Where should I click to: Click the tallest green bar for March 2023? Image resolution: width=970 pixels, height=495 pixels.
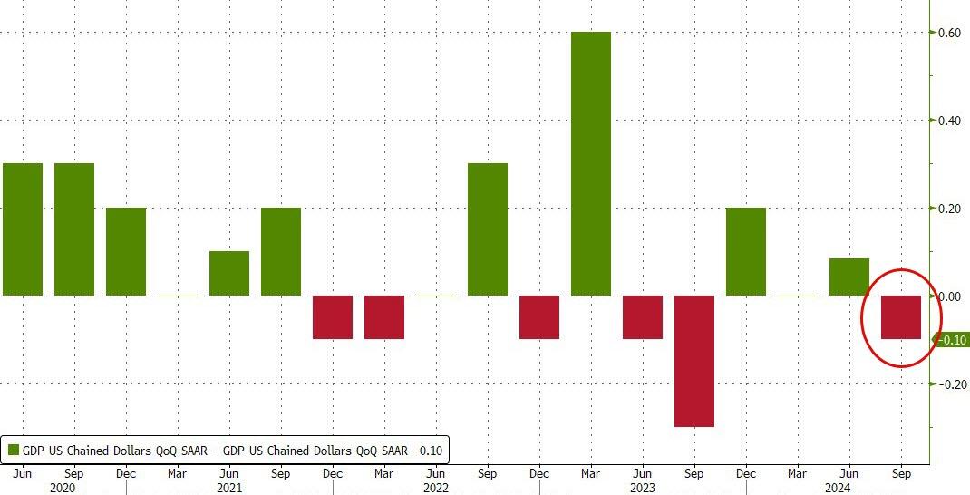[591, 163]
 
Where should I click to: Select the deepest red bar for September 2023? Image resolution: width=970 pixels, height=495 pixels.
[694, 361]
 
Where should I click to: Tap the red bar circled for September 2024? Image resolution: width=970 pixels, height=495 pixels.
[901, 317]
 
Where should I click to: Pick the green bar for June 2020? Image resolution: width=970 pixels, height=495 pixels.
[23, 229]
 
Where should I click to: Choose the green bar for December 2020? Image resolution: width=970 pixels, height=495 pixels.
[126, 251]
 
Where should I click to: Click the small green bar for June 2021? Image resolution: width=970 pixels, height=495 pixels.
[229, 273]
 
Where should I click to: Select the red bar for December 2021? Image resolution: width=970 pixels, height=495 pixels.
[333, 317]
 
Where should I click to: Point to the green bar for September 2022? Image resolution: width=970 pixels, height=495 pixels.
[488, 229]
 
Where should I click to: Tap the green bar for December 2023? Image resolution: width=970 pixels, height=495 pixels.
[746, 251]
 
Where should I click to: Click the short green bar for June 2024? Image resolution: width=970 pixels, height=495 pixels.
[849, 277]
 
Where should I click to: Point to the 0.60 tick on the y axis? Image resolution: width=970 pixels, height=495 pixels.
[949, 33]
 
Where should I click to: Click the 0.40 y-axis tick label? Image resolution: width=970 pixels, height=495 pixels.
[949, 121]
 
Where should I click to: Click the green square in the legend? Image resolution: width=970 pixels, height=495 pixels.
[14, 450]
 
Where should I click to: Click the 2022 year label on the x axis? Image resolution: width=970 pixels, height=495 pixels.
[436, 487]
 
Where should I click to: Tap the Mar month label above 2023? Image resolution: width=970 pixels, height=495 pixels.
[591, 472]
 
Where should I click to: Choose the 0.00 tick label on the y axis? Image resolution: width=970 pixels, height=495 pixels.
[949, 296]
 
